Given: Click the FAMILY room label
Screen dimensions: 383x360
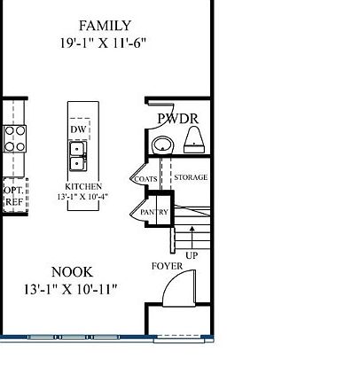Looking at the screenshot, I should [x=105, y=26].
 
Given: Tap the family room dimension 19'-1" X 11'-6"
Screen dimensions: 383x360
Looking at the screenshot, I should [x=105, y=42].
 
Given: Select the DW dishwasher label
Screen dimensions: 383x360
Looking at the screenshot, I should [x=77, y=129].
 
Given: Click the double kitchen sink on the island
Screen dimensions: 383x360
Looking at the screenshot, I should [x=78, y=157].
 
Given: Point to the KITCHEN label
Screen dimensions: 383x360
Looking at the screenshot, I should [x=83, y=187].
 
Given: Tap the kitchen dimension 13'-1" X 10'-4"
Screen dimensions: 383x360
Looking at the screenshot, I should [x=83, y=197].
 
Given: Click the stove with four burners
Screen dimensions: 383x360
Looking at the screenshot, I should [x=15, y=139].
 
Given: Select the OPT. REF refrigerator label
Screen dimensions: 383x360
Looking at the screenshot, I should [x=14, y=196].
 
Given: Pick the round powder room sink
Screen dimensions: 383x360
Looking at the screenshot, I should [x=162, y=145].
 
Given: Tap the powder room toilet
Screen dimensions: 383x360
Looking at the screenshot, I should [x=194, y=139].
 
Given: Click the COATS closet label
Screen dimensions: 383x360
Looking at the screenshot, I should [x=145, y=179].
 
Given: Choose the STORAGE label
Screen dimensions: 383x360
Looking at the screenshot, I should [x=191, y=177].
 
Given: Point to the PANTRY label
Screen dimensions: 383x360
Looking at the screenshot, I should [x=154, y=213].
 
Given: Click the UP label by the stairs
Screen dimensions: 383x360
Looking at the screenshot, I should [x=192, y=255].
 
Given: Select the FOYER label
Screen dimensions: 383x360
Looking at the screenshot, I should [x=167, y=266].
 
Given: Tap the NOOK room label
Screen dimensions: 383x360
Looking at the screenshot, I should [x=71, y=272].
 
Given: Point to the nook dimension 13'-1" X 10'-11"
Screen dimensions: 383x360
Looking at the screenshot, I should [x=71, y=289].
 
